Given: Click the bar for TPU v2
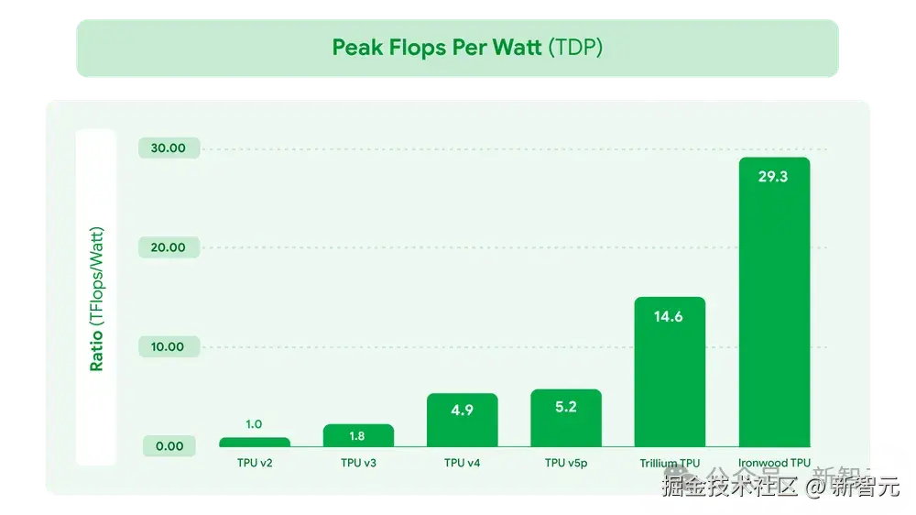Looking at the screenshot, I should [254, 442].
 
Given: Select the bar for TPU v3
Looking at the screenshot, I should [358, 435].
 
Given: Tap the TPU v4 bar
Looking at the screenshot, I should [462, 420].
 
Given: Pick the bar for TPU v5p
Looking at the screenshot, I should [566, 418].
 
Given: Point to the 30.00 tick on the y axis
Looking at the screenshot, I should [169, 148].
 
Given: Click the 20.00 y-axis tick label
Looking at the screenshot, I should [169, 247].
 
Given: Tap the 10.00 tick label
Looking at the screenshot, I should [169, 346].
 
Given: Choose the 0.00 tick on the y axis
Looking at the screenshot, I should [169, 446].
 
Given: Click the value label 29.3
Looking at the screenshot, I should [773, 177].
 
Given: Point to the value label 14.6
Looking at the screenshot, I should [670, 317].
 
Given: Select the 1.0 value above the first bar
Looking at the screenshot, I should [254, 424].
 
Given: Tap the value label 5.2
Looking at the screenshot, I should [566, 407].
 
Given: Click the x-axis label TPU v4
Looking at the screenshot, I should [462, 464].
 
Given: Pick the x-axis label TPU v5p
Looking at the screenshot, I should [566, 464].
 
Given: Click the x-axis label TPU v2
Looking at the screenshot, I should [254, 464].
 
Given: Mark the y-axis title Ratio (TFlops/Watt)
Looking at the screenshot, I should [96, 299].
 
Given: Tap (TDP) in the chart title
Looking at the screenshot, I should [575, 48].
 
